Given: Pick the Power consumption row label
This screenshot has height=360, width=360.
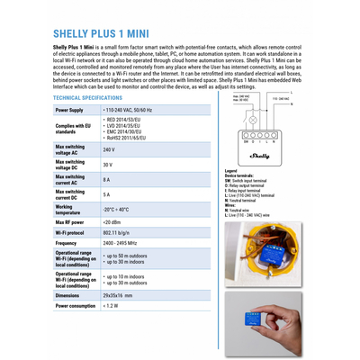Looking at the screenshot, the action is pyautogui.click(x=76, y=306).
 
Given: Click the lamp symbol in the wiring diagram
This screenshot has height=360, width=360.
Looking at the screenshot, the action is pyautogui.click(x=253, y=119).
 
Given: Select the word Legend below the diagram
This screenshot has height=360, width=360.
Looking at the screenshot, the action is pyautogui.click(x=231, y=170).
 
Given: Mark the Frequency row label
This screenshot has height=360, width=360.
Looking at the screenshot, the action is pyautogui.click(x=66, y=243).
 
